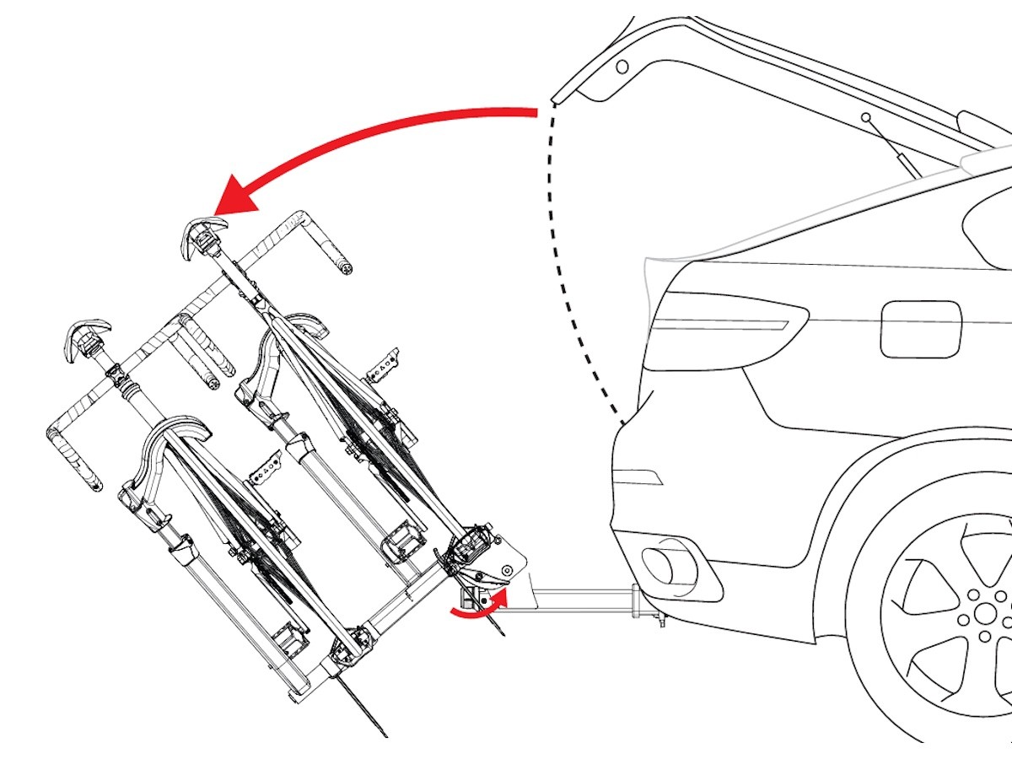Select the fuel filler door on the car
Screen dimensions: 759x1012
[921, 329]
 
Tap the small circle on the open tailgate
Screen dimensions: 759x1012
[622, 66]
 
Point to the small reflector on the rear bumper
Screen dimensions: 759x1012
[638, 476]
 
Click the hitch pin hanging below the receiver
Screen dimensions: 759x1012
[662, 622]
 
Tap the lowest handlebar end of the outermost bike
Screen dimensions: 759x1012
[94, 484]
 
